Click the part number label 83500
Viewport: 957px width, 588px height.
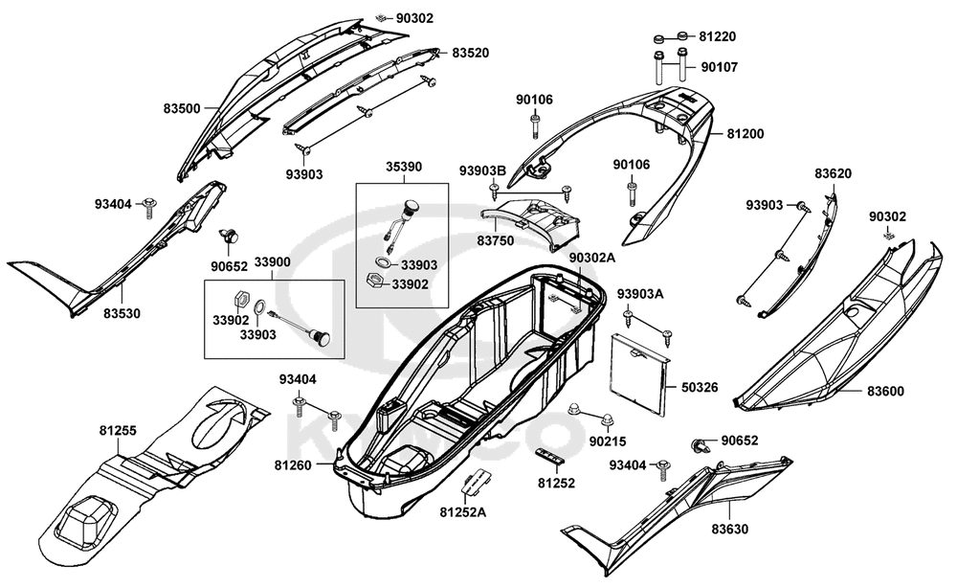pos(182,108)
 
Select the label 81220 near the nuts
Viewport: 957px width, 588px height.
pos(718,36)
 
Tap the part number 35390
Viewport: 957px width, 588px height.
pos(404,167)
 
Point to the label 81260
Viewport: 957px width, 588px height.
pos(293,465)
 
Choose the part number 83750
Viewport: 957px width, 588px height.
pos(496,240)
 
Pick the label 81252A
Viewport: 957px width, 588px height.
pos(463,512)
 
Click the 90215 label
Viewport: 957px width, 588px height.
pos(608,441)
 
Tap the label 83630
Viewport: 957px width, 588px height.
pos(730,529)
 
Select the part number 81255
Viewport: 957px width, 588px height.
pos(119,431)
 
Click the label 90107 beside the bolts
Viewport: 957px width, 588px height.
pos(720,67)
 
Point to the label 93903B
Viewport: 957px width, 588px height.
pos(482,170)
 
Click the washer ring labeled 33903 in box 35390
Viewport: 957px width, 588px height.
pos(383,262)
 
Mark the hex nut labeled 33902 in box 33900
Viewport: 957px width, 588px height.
pos(240,300)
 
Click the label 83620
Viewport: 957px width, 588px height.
pos(834,173)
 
